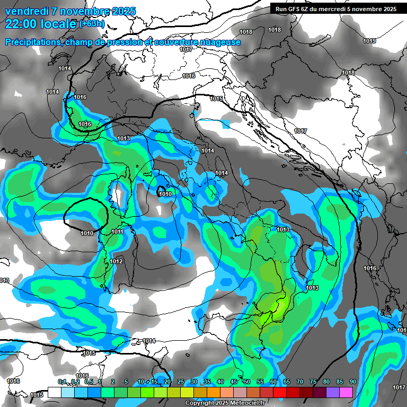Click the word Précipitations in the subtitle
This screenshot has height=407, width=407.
(32, 42)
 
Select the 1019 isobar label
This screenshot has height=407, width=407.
(369, 41)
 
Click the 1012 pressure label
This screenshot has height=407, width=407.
(117, 261)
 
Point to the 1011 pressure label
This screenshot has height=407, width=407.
(118, 232)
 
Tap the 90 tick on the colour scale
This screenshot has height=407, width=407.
(352, 382)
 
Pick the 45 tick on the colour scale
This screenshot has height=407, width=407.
(234, 382)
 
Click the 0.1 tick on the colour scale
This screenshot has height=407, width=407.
(61, 382)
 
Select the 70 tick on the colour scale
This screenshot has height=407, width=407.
(300, 382)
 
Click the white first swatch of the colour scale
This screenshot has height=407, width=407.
(54, 392)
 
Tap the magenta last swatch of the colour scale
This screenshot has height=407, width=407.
(346, 392)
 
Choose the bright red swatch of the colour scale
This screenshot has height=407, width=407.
(280, 392)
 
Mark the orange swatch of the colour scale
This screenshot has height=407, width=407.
(214, 392)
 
